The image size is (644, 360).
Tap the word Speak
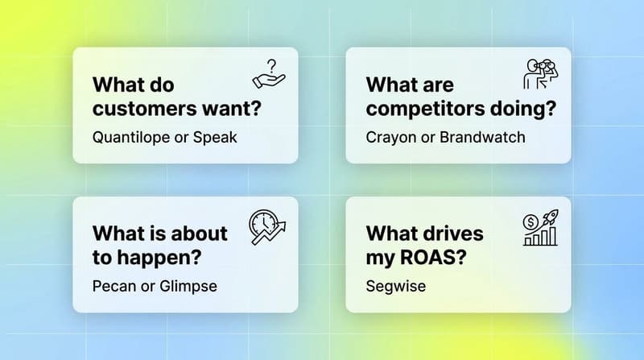pos(216,136)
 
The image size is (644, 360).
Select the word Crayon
pos(390,136)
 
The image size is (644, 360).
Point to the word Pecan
pos(115,285)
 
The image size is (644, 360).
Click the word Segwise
pos(395,285)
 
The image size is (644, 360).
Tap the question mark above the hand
pos(273,64)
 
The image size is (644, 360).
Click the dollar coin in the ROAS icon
pos(530,220)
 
